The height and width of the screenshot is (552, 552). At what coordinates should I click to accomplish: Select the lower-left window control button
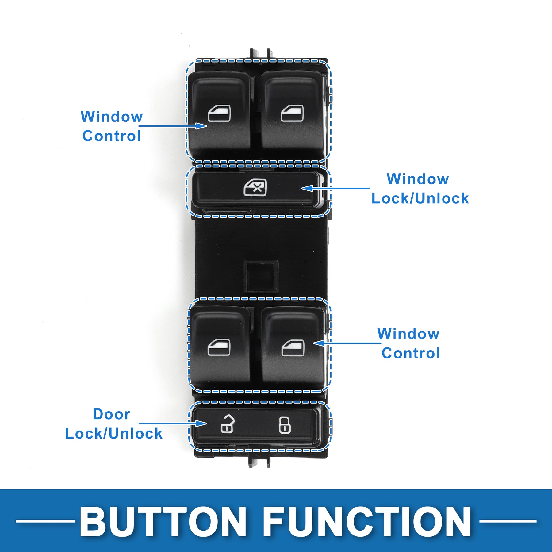coord(219,347)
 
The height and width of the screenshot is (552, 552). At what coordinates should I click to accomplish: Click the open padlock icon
coord(227,424)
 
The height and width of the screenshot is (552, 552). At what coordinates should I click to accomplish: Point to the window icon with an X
coord(255,188)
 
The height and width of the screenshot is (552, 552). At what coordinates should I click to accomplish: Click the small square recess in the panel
coord(261,276)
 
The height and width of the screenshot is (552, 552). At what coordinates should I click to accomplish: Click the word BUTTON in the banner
coord(163,522)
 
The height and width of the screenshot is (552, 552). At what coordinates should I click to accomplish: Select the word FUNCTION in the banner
coord(366,522)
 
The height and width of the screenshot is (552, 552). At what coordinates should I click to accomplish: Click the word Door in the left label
coord(112,414)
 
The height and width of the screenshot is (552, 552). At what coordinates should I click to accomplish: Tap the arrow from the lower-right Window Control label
coord(347,343)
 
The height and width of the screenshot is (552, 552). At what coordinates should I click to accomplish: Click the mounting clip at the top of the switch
coord(260,54)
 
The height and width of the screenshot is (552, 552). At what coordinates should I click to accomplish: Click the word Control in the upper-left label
coord(112,136)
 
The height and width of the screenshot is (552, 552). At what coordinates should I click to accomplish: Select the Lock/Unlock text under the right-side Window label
coord(420,198)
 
